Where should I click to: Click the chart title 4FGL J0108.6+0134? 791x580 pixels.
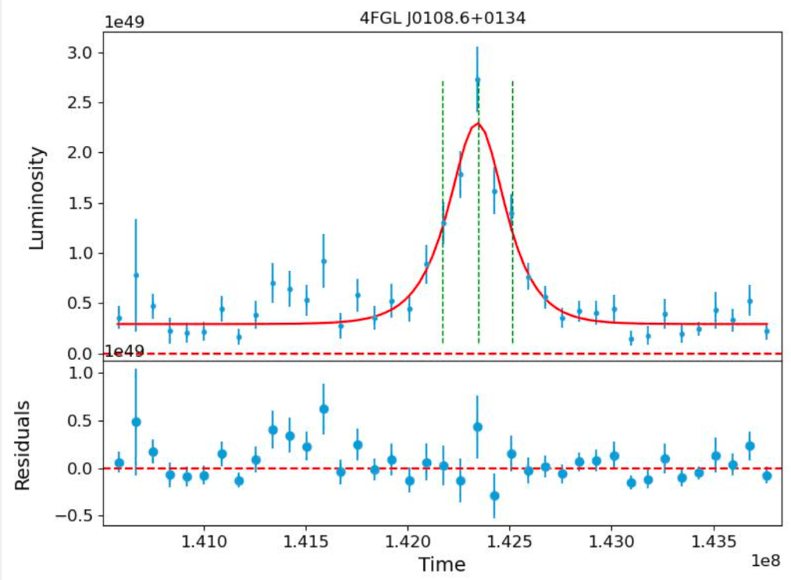[x=443, y=19]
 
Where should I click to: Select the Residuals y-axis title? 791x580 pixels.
[x=23, y=444]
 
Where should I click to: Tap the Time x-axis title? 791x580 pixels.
[x=442, y=565]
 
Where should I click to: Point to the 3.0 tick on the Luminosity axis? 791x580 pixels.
[x=80, y=53]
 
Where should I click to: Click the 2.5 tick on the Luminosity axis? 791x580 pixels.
[x=80, y=103]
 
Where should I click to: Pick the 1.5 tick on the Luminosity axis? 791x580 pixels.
[x=80, y=203]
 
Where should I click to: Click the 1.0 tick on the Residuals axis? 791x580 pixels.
[x=80, y=372]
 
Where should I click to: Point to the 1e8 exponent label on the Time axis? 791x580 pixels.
[x=768, y=558]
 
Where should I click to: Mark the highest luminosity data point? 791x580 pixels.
[x=477, y=80]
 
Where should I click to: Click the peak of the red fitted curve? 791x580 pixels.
[x=478, y=124]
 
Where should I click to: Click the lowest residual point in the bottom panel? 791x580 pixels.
[x=494, y=495]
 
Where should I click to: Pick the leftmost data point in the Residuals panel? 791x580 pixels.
[x=119, y=463]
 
